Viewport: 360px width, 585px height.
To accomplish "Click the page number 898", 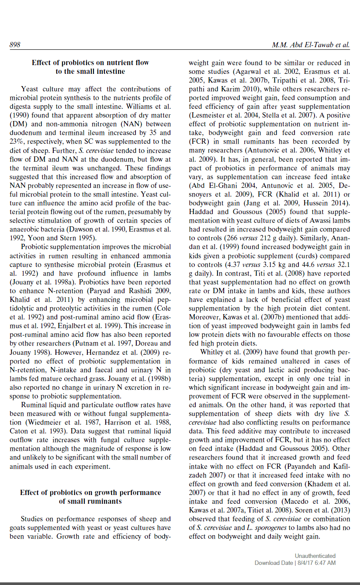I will coord(15,45).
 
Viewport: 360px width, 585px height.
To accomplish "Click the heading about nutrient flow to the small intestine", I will coord(90,67).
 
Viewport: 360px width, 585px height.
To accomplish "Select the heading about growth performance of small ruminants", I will coord(90,497).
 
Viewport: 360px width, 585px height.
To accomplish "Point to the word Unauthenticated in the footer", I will coord(315,556).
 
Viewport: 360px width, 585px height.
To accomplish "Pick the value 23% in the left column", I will coord(18,142).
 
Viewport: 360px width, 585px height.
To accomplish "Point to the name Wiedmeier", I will coord(46,422).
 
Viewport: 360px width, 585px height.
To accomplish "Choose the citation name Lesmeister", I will coord(209,115).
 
